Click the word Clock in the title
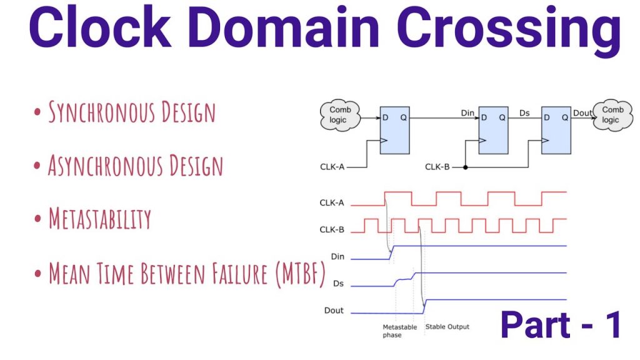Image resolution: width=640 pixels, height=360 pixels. coord(100,27)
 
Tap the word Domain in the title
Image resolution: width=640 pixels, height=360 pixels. coord(284,27)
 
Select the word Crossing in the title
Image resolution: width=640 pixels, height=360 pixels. coord(509,31)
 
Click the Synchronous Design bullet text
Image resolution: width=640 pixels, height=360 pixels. coord(132,112)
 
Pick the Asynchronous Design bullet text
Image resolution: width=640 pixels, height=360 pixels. coord(136,165)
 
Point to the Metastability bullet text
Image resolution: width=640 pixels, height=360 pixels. coord(100,218)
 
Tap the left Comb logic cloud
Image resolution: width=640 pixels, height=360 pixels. coord(339,115)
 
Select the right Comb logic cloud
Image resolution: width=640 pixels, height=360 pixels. coord(612,115)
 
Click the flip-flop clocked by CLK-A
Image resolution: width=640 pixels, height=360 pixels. coord(395,130)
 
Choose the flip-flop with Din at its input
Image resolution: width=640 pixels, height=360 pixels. coord(493,130)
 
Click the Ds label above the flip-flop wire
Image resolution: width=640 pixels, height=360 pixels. coord(524,113)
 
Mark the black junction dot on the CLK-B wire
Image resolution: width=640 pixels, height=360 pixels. coord(465,167)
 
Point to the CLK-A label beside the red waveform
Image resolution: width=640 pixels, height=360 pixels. coord(332,202)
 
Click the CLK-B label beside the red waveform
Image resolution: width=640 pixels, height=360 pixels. coord(332,229)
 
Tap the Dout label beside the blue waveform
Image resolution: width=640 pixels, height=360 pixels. coord(334,310)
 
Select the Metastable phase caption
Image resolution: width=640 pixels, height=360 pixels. coord(399,331)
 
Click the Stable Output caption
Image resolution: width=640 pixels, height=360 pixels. coord(447,326)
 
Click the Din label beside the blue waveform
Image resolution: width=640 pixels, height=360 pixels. coord(337,256)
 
